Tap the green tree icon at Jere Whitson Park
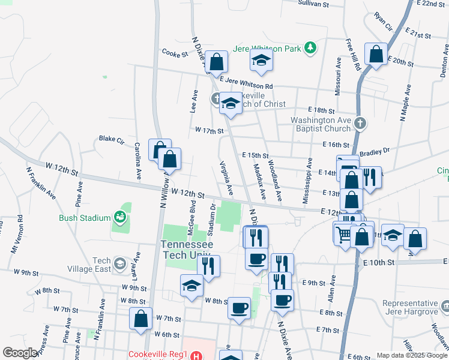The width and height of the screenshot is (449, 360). coord(310,47)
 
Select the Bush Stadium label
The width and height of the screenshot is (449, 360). coord(85,218)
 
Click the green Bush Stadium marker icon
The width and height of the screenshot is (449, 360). coord(120,217)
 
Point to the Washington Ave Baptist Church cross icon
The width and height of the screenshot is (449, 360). coord(360,124)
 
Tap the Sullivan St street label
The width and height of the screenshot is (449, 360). coord(314,4)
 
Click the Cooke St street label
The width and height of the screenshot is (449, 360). coord(175,53)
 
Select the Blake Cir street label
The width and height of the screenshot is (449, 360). coord(111,139)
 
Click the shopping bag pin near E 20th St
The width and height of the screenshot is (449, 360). coord(376,55)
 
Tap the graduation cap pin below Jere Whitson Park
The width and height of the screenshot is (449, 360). coord(261,60)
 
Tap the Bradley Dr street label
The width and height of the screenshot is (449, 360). coord(375,151)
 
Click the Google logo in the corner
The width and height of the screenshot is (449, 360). coord(20,353)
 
